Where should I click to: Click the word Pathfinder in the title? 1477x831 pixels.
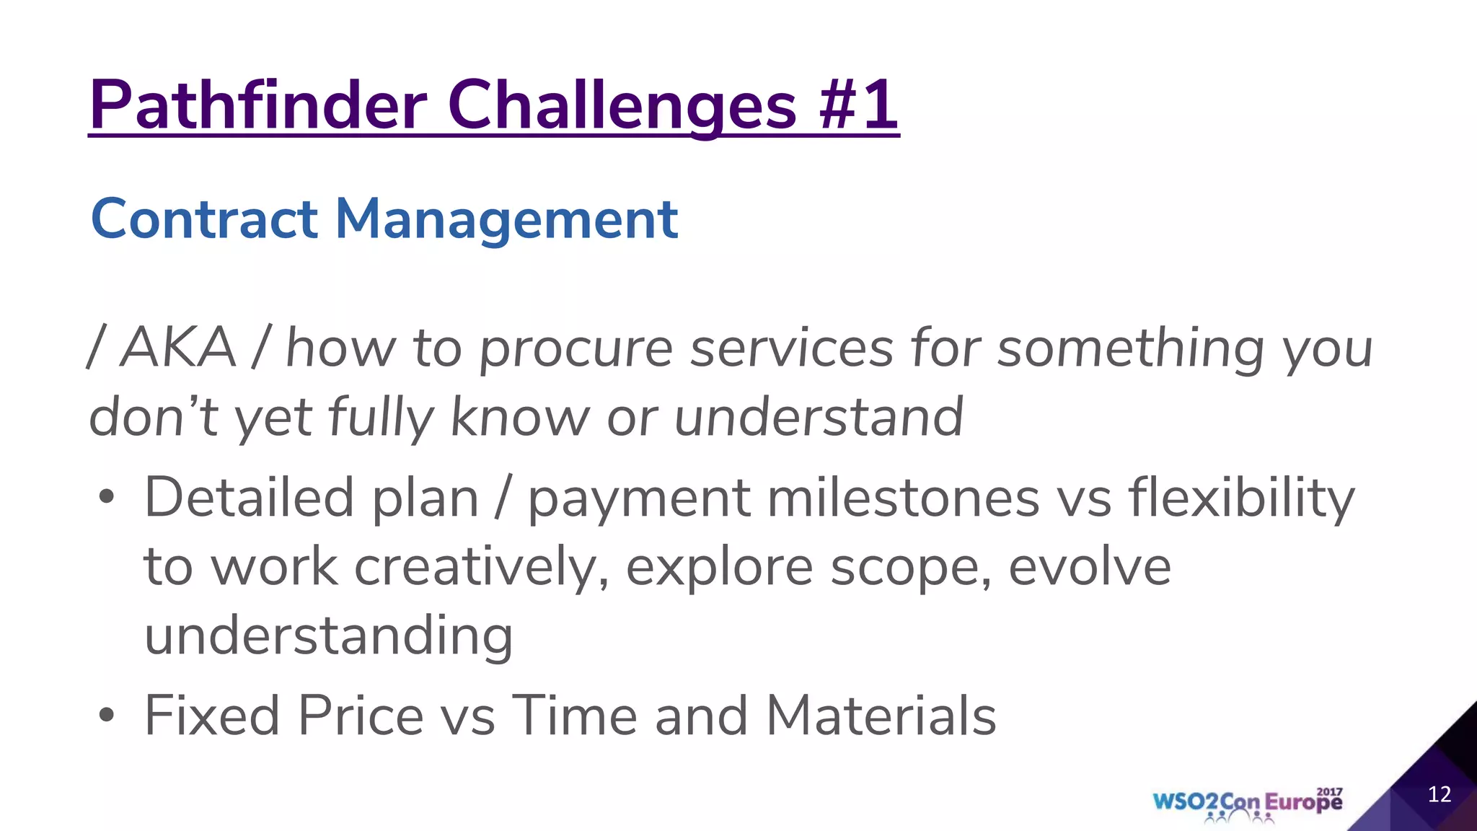click(258, 105)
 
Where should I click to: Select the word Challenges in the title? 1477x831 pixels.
click(622, 105)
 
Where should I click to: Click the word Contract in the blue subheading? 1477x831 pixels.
click(204, 219)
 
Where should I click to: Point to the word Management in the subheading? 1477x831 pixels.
click(506, 219)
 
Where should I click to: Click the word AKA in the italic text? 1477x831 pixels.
click(178, 348)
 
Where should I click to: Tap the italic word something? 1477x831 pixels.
click(1129, 350)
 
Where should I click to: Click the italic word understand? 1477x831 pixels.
click(818, 417)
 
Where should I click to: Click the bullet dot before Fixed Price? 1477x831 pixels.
click(107, 716)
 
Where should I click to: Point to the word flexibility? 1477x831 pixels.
click(1241, 498)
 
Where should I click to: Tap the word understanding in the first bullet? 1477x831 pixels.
click(328, 636)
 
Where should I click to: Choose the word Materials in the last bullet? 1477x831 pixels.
click(881, 716)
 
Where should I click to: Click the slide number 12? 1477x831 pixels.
click(1439, 794)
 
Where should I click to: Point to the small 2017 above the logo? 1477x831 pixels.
click(1329, 791)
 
